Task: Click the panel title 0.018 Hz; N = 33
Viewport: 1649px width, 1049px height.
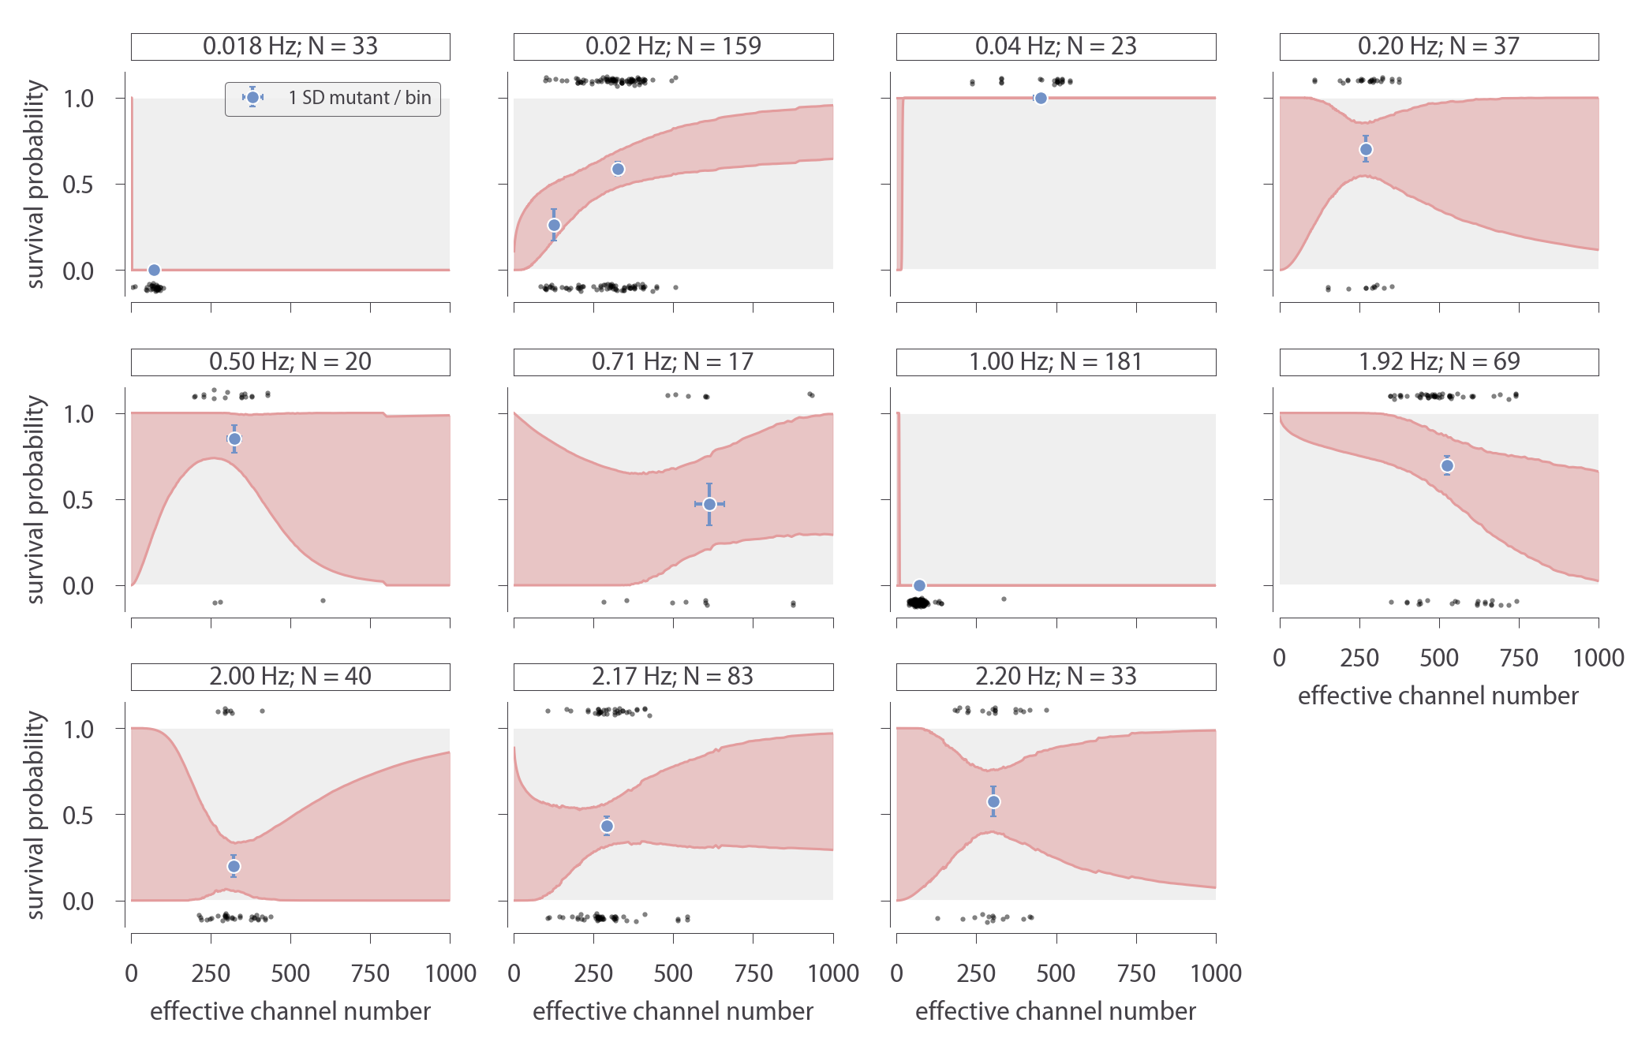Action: (290, 47)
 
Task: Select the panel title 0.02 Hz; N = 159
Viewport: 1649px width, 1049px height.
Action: (673, 47)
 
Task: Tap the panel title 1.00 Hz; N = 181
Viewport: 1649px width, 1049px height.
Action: (1056, 362)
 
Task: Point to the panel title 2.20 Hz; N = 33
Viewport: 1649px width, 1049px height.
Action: (1056, 677)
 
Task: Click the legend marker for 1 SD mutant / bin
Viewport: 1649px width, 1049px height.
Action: (252, 98)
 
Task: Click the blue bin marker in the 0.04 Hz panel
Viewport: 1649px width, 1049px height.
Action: (1041, 99)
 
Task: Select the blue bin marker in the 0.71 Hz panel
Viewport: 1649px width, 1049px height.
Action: (709, 504)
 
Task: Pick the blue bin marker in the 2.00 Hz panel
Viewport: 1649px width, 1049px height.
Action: (234, 866)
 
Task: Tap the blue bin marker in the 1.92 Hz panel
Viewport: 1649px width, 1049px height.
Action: (1447, 466)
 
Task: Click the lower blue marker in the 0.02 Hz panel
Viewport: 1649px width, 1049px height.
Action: (554, 226)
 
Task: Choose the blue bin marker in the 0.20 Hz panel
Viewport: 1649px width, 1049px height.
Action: (1366, 150)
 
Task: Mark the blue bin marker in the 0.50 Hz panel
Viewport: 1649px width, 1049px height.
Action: (234, 439)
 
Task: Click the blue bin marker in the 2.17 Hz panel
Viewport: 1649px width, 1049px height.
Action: (607, 827)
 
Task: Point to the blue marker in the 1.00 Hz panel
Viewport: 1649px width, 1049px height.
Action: (919, 585)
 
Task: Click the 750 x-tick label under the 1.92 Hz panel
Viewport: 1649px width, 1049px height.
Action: (1519, 658)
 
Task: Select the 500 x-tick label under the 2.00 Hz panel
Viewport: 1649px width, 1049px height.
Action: (290, 973)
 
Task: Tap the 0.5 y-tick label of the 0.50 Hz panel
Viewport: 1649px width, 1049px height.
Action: (78, 500)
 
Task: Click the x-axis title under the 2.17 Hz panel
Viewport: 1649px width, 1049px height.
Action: (673, 1011)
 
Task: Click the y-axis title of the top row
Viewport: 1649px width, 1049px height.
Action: (35, 184)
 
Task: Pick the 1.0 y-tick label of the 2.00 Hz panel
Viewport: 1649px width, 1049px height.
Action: (78, 729)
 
